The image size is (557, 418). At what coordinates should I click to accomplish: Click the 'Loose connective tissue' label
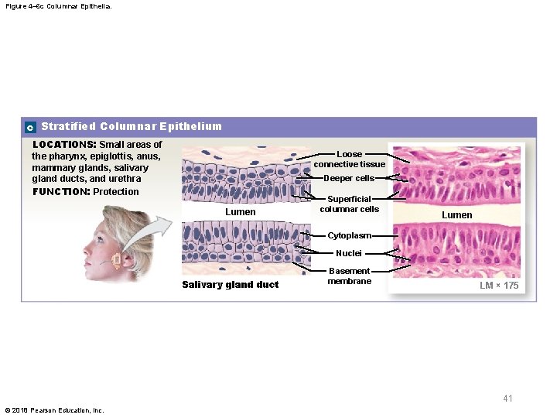pos(349,159)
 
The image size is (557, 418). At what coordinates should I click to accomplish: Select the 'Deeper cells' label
pos(349,178)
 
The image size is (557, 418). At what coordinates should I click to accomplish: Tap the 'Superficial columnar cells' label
pos(349,204)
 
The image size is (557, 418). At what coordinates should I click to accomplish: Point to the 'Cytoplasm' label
pos(349,235)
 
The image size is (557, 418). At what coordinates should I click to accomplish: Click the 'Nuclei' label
pos(349,253)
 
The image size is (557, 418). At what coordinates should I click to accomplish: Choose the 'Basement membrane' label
pos(349,276)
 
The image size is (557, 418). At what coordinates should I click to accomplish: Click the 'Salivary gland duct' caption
pos(230,285)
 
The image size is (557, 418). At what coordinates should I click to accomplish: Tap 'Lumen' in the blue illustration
pos(240,211)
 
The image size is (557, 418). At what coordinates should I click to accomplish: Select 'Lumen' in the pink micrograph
pos(456,214)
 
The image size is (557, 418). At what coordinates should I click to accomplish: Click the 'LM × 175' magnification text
pos(498,286)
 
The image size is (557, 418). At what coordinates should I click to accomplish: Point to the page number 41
pos(507,399)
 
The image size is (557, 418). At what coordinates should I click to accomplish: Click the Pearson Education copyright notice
pos(54,410)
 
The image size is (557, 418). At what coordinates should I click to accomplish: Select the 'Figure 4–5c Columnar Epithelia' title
pos(57,5)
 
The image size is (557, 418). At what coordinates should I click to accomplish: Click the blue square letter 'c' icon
pos(29,127)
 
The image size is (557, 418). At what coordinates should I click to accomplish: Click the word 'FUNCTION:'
pos(61,192)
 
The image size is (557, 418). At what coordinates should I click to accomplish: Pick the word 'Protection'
pos(116,192)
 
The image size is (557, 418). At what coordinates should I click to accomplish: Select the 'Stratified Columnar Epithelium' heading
pos(132,126)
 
